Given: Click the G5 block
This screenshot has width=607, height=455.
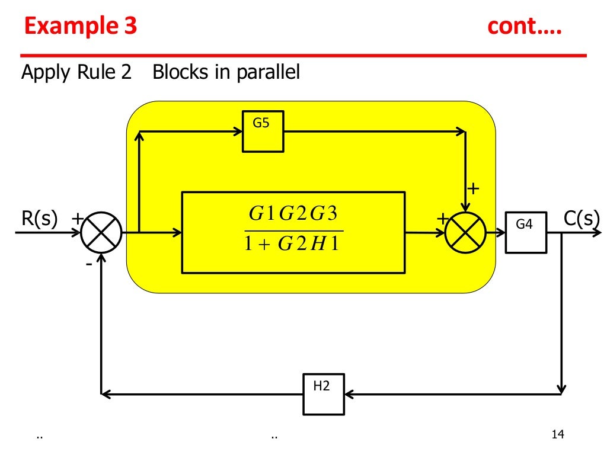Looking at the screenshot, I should [263, 131].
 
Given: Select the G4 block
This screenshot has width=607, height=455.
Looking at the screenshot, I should [525, 232].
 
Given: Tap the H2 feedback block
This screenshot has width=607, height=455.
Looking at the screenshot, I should [324, 393].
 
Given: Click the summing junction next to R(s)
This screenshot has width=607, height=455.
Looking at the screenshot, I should [101, 233].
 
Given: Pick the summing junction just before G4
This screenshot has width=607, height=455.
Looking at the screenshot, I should [465, 233].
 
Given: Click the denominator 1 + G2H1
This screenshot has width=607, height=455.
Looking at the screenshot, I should [294, 243].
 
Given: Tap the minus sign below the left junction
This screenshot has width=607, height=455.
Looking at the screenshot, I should [89, 264].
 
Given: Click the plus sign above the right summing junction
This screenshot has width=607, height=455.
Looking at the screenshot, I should [473, 189].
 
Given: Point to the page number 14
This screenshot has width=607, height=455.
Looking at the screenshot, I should [557, 435].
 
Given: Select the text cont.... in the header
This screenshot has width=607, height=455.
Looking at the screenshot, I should [525, 27].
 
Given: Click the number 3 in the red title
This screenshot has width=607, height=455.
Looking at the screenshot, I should [130, 27].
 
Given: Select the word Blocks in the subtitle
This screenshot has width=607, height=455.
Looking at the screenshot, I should [180, 72].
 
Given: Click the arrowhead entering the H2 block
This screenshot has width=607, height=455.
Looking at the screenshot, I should [349, 393].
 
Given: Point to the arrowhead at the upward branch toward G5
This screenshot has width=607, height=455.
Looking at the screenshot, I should [139, 136].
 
